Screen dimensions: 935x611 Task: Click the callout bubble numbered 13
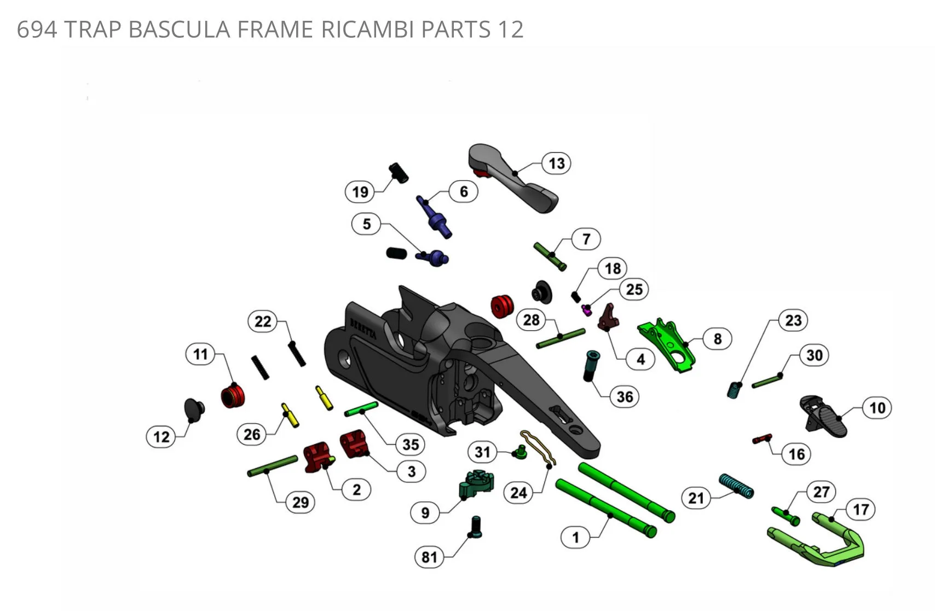click(556, 163)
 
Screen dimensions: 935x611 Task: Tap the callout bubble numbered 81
click(429, 557)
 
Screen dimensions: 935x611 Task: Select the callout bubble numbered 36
click(625, 396)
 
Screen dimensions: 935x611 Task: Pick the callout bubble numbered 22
click(263, 321)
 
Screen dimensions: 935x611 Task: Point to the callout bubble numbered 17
click(861, 509)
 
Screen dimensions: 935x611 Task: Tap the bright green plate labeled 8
click(667, 345)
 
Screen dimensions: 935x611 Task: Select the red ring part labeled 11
click(233, 396)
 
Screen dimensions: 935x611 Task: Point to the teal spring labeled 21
click(736, 486)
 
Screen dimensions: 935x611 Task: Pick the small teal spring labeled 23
click(734, 391)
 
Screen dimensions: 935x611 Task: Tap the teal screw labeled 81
click(476, 527)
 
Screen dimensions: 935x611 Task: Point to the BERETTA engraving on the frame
click(363, 329)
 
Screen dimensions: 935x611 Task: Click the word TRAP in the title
click(93, 29)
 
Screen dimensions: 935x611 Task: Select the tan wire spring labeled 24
click(538, 448)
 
